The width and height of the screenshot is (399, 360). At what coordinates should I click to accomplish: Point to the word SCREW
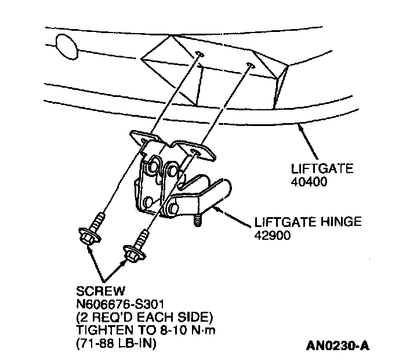94,289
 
